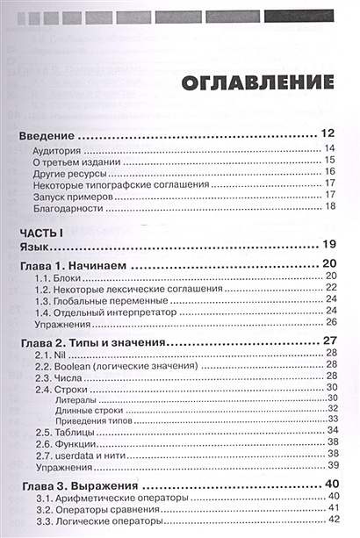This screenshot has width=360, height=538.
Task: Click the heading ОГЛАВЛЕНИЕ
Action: coord(256,82)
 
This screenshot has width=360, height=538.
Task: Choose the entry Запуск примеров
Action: coord(73,195)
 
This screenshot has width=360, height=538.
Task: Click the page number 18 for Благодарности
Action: coord(331,207)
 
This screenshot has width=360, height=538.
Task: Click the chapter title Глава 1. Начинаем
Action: coord(73,265)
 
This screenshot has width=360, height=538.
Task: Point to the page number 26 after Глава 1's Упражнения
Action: coord(331,322)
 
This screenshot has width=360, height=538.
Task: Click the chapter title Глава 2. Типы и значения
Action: coord(94,341)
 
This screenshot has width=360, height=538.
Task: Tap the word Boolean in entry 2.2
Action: coord(77,366)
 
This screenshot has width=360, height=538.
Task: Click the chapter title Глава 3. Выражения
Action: coord(78,485)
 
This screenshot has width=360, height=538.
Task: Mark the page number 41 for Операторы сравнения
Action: coord(331,510)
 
